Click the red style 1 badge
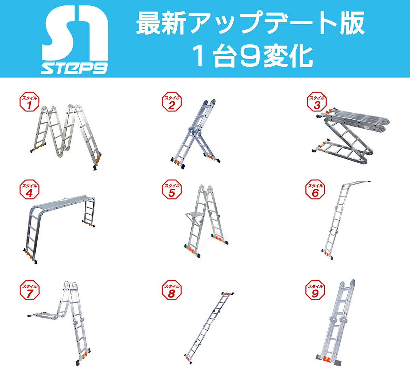point(29,101)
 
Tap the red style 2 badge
point(172,101)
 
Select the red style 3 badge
point(317,101)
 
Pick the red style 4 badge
point(29,190)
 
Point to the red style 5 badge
point(172,190)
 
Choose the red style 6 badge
point(315,190)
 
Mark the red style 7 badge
point(29,290)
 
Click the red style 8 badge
point(172,290)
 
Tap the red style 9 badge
point(315,290)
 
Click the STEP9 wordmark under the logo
point(74,68)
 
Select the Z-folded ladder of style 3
point(351,136)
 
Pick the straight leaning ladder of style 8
point(209,328)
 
